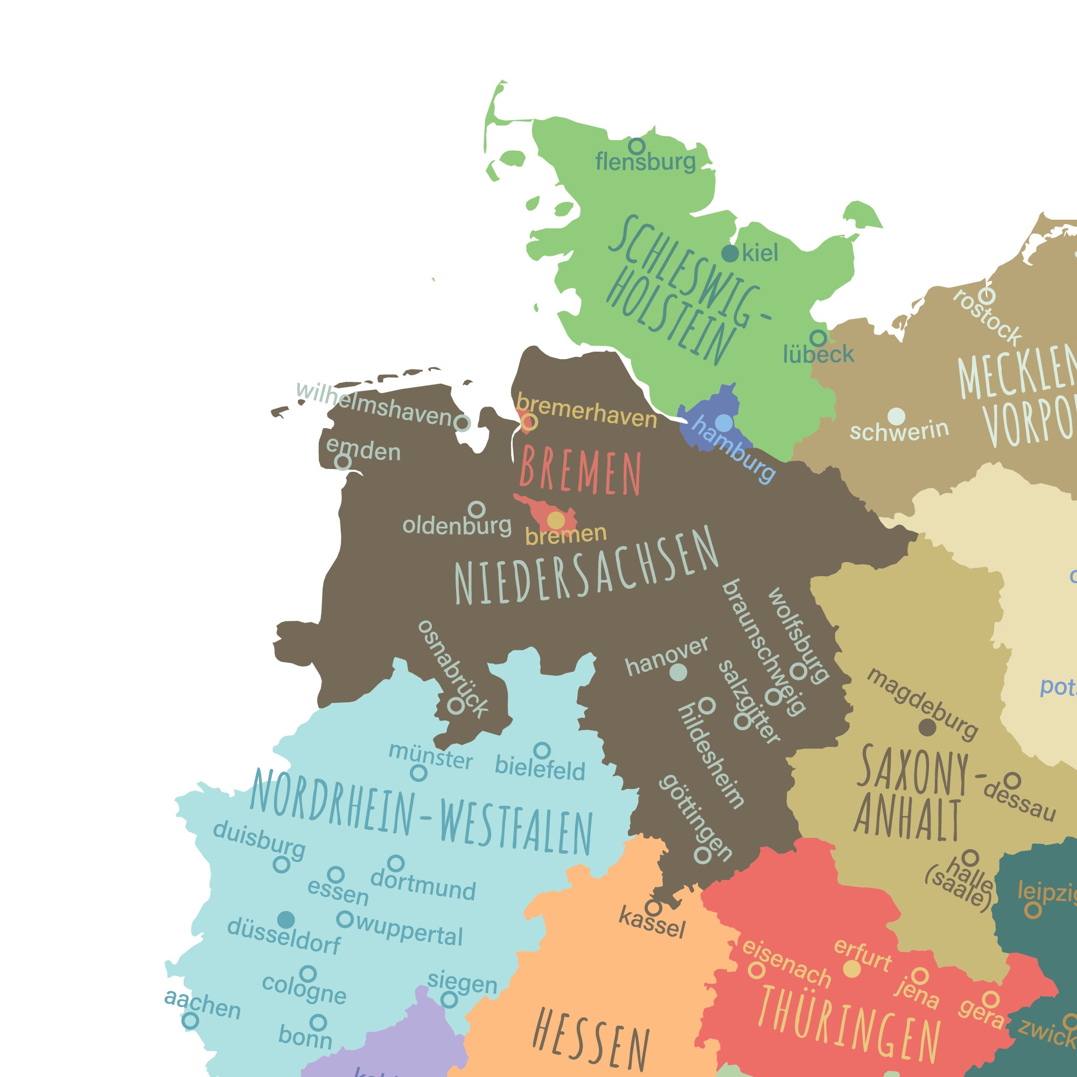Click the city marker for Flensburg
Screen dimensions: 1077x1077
click(637, 146)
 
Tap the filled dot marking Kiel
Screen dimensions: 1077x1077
click(730, 253)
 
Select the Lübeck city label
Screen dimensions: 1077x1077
click(818, 354)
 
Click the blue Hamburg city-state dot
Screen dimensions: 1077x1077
click(724, 423)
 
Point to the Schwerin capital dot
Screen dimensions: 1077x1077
click(897, 416)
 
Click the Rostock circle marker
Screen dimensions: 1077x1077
click(987, 296)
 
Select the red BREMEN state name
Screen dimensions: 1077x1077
click(581, 473)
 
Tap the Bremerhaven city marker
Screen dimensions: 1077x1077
click(529, 422)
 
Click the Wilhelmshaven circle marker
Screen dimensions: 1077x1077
click(461, 423)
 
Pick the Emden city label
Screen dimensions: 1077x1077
click(363, 449)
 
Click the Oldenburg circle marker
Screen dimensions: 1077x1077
click(476, 508)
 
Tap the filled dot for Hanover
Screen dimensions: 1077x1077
click(678, 672)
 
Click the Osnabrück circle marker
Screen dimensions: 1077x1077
click(456, 707)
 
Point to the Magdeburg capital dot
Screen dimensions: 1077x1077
click(927, 727)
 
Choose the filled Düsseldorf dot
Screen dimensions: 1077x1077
click(286, 919)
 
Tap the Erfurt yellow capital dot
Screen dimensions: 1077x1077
click(851, 968)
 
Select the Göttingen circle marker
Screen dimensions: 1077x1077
click(702, 855)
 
